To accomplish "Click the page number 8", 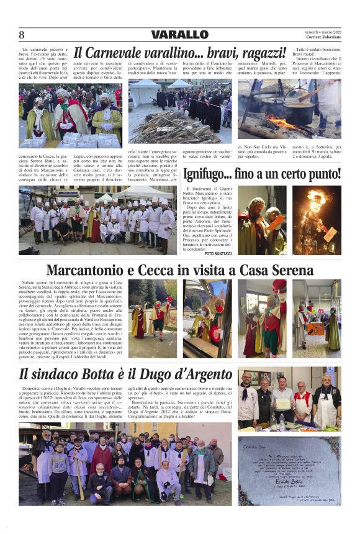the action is (x=22, y=35).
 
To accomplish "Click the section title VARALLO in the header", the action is (x=179, y=35).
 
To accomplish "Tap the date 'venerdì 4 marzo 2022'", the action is (x=320, y=32).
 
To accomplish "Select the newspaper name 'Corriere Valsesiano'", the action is (x=320, y=38).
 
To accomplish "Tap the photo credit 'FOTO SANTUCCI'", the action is (x=218, y=253).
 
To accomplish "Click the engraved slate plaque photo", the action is (x=289, y=470).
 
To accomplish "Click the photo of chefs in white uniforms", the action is (x=96, y=220).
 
